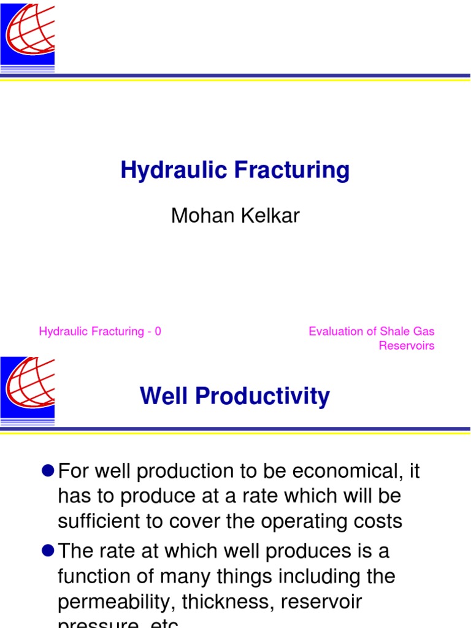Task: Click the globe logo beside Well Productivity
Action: click(x=28, y=389)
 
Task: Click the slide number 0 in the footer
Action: click(x=158, y=332)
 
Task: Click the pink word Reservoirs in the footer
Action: click(x=406, y=346)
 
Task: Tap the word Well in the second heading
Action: click(x=163, y=397)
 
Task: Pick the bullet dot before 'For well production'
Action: click(x=48, y=470)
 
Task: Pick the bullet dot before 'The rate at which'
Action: click(x=48, y=550)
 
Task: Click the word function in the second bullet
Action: click(x=95, y=576)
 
